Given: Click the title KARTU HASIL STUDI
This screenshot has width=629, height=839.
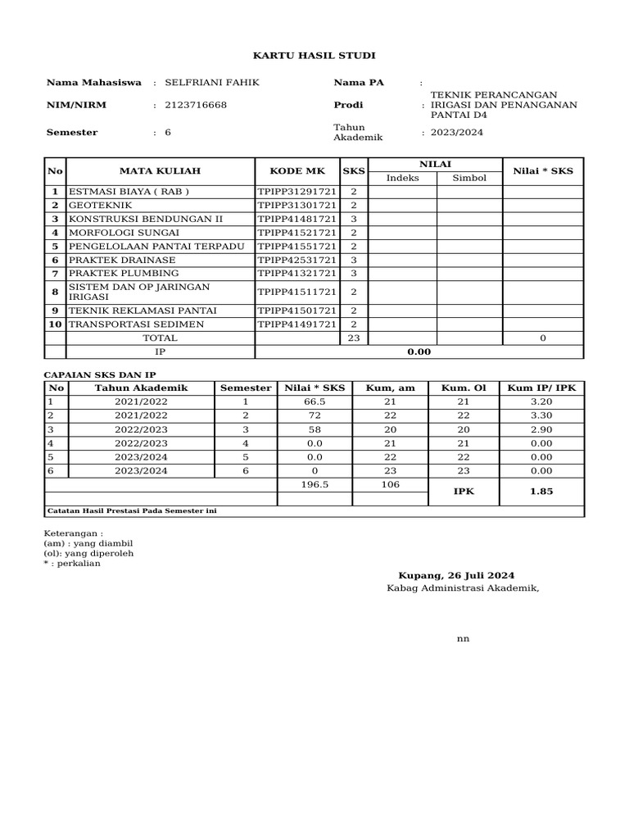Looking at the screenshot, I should (x=314, y=55).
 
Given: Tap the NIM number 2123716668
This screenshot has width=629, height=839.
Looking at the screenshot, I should (x=196, y=106).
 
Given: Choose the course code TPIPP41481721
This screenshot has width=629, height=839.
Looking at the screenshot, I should (x=296, y=220).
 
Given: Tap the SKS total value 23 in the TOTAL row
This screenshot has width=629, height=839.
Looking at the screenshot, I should (x=354, y=338).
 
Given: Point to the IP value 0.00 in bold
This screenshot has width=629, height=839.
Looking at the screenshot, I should (x=419, y=352).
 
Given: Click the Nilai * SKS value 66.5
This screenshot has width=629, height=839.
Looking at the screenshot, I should (x=314, y=402).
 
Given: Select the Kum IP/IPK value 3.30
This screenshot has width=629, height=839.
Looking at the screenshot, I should (x=541, y=416).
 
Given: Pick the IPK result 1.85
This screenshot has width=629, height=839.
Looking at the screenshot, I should (x=541, y=492).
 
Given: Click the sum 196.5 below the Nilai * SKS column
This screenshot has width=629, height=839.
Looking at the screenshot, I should (x=314, y=485).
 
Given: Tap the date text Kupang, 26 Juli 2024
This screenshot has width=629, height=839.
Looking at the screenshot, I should (x=456, y=575).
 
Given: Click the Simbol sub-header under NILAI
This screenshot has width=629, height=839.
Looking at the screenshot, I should (x=468, y=178).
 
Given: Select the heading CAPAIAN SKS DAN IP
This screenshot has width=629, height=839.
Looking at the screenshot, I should (x=98, y=374).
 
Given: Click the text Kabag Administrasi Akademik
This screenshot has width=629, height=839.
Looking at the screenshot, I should (x=463, y=588).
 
